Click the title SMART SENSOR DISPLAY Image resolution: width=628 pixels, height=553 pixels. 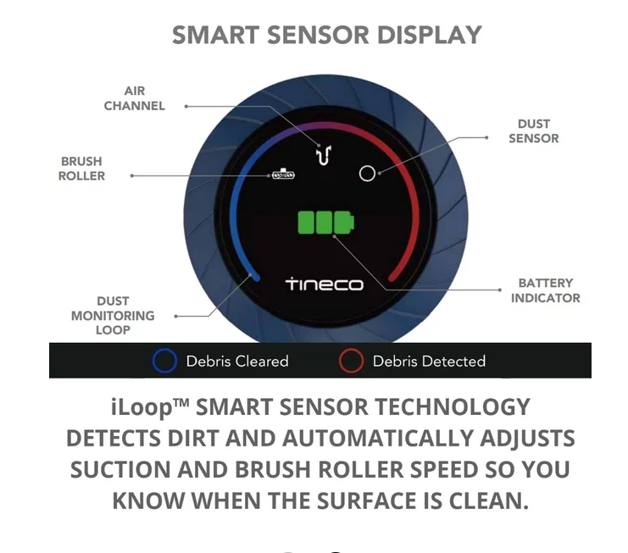[x=326, y=35]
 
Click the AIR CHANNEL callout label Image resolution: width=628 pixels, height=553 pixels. [x=135, y=98]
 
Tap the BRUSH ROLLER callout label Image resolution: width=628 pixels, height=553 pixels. [x=82, y=169]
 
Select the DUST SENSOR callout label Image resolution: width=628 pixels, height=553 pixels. [x=533, y=131]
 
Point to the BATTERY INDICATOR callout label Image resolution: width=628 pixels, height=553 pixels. [x=545, y=290]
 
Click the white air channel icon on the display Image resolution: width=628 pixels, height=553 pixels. [x=323, y=154]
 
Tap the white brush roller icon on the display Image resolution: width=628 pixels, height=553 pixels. [x=283, y=175]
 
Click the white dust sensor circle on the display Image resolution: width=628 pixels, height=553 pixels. [x=367, y=173]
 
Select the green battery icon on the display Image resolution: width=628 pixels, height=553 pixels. [x=326, y=223]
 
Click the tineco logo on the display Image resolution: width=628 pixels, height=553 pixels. [x=324, y=284]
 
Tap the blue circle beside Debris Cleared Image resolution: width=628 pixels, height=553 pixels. [x=164, y=361]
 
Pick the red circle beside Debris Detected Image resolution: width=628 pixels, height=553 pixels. [x=351, y=361]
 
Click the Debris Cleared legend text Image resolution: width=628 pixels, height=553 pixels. [x=237, y=362]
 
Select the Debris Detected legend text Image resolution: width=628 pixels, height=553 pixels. [x=429, y=362]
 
